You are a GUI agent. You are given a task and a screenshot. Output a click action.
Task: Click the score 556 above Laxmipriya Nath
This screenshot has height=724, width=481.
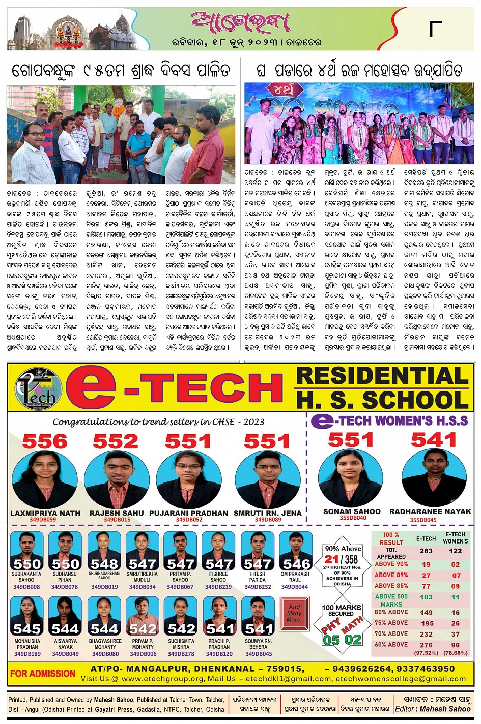click(x=44, y=441)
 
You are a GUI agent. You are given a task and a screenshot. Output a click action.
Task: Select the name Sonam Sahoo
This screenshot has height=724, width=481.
click(x=352, y=511)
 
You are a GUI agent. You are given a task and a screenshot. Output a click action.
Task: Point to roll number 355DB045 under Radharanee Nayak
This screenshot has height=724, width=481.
click(x=423, y=520)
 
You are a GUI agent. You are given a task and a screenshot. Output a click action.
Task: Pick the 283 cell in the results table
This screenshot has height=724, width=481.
click(x=426, y=551)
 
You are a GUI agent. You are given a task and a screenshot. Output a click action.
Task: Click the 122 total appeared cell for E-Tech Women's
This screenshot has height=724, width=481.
click(x=456, y=551)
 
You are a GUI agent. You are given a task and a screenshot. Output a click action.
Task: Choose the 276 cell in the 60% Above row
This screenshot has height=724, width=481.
click(x=426, y=644)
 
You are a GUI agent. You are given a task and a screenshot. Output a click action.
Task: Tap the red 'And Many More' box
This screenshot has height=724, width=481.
click(x=294, y=613)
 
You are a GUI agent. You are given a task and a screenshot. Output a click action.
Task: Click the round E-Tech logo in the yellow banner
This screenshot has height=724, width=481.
click(x=39, y=389)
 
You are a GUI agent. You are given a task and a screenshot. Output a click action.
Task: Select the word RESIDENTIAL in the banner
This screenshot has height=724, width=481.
click(x=382, y=376)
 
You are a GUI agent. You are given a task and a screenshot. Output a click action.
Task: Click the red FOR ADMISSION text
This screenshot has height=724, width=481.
click(x=43, y=674)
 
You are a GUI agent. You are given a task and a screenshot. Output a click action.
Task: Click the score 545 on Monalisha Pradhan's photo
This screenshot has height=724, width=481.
click(x=27, y=629)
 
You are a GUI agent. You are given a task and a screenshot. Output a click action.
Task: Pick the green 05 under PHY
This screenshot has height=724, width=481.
click(x=331, y=640)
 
